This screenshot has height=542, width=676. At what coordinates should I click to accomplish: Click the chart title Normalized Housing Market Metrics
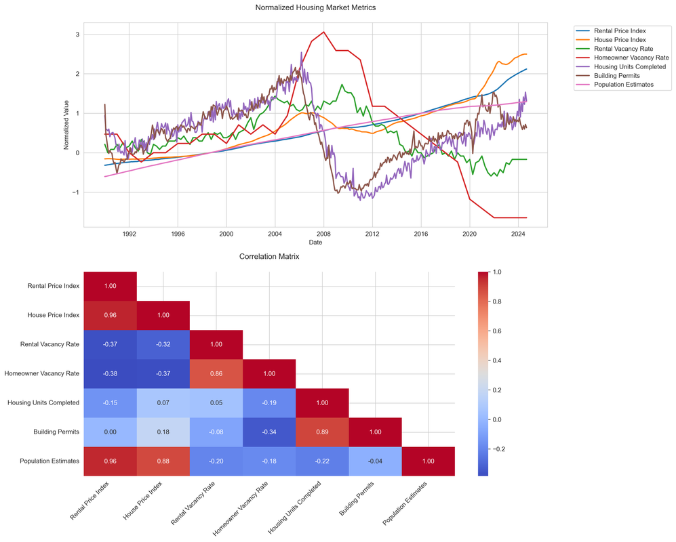(x=315, y=7)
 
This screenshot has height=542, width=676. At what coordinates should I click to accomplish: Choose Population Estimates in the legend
(x=623, y=85)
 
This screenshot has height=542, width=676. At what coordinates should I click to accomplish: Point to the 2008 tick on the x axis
(x=323, y=234)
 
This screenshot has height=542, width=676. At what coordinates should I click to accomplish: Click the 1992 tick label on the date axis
(x=129, y=234)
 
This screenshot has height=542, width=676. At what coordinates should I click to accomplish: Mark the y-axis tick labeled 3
(x=78, y=35)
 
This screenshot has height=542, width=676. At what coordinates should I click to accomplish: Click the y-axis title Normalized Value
(x=67, y=127)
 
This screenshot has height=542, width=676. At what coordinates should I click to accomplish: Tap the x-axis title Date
(x=315, y=242)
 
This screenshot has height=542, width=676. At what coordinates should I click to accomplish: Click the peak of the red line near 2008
(x=324, y=32)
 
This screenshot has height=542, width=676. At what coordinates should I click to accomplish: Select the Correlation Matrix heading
(x=269, y=257)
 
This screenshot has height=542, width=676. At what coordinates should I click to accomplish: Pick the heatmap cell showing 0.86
(x=216, y=373)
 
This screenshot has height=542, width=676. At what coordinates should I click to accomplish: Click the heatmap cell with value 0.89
(x=322, y=432)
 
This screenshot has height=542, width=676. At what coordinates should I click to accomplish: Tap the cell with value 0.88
(x=163, y=461)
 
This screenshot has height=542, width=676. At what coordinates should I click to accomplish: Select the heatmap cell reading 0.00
(x=111, y=432)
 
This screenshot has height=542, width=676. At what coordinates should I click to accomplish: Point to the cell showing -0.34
(x=269, y=432)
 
